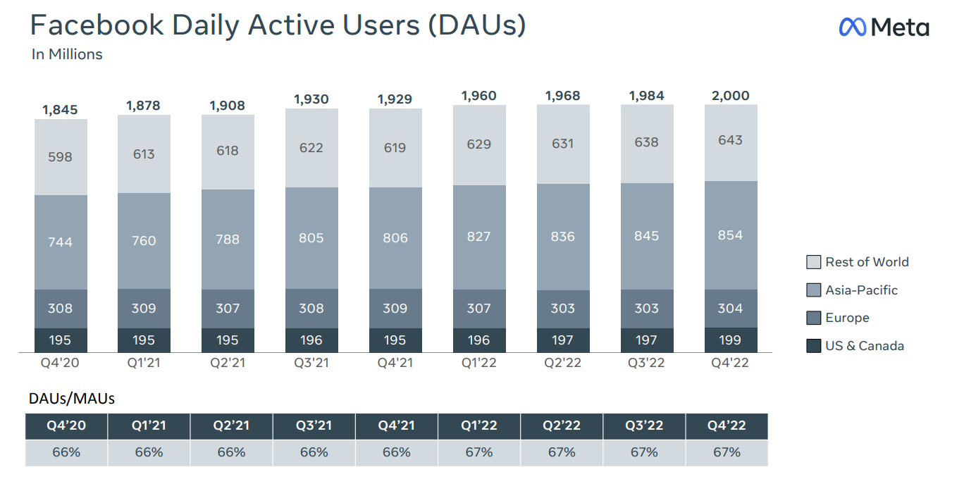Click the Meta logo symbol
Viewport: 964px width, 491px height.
point(853,27)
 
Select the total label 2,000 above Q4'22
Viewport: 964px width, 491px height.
point(730,96)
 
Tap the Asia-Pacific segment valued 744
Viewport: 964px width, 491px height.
point(61,242)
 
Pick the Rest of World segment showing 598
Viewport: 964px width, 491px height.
point(61,157)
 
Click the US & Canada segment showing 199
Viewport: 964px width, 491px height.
point(730,340)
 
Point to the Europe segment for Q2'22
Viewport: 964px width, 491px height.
point(563,308)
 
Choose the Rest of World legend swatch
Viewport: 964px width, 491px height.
point(813,262)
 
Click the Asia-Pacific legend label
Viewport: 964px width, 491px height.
point(861,290)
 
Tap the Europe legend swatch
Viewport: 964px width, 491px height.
point(813,318)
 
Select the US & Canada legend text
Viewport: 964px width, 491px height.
point(864,346)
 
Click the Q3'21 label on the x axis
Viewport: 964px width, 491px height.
point(311,363)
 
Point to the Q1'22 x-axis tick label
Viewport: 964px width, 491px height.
point(479,363)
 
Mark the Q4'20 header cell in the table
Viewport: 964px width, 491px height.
point(66,425)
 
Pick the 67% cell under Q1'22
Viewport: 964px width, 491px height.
point(479,452)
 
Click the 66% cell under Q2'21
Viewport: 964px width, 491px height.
point(231,452)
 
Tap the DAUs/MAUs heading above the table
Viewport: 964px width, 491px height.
point(71,398)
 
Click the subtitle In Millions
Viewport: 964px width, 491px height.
point(67,54)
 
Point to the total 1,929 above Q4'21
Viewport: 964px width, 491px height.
point(395,99)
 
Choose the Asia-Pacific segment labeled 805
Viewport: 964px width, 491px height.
point(311,238)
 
